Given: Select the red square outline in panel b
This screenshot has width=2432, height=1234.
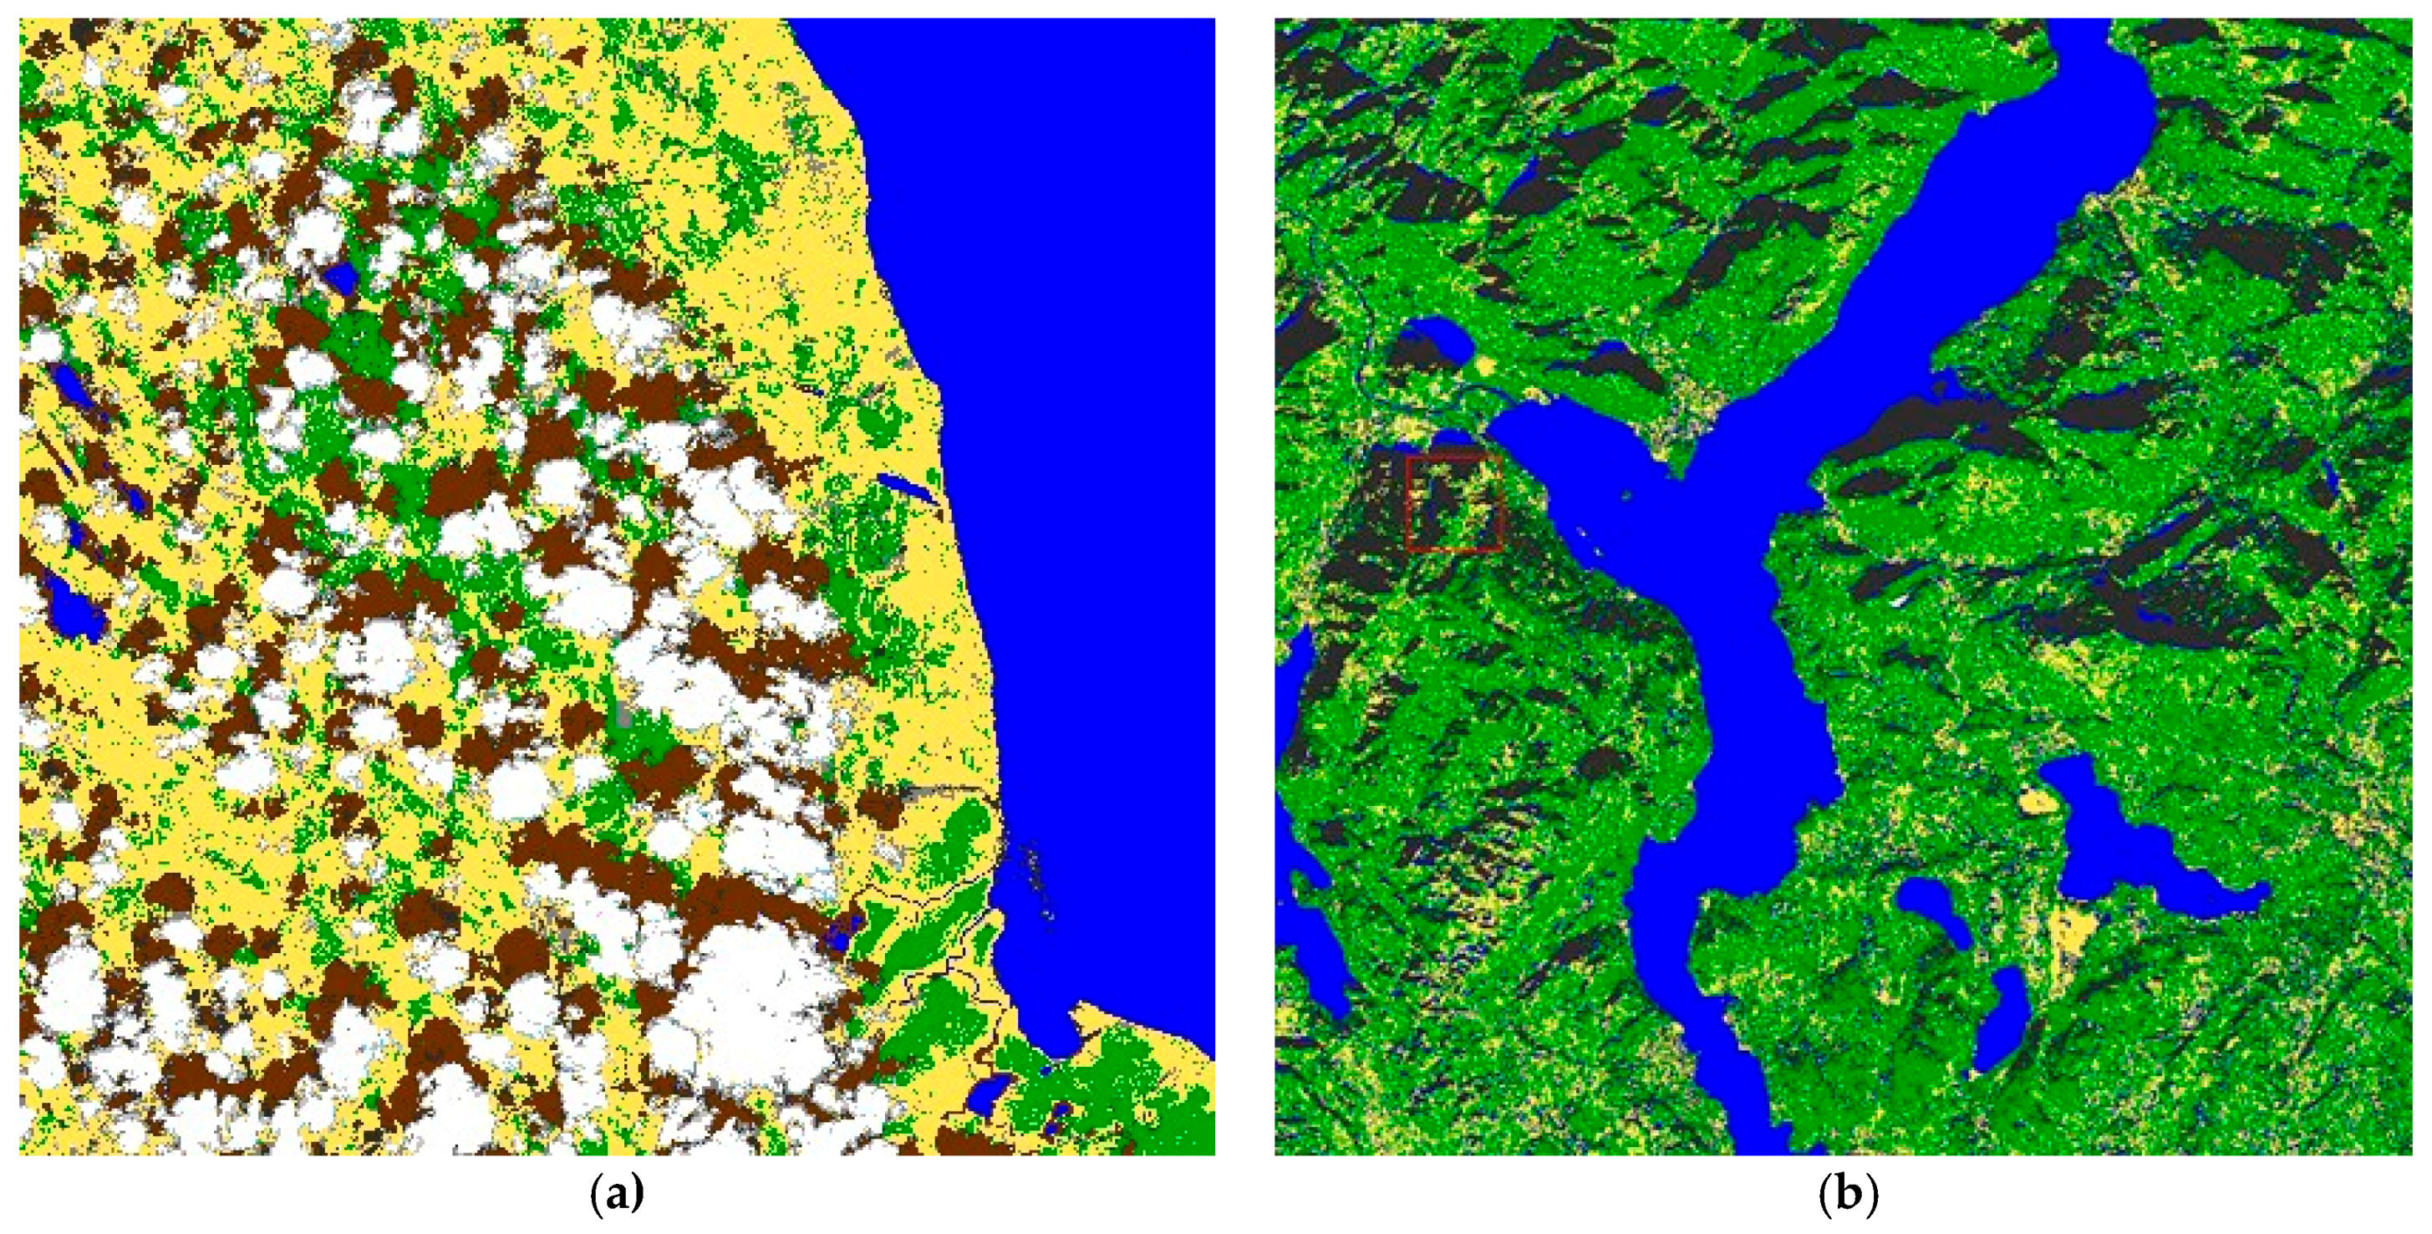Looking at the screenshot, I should tap(1454, 503).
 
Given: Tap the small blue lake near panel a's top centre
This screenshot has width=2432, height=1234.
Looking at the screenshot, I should tap(340, 277).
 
